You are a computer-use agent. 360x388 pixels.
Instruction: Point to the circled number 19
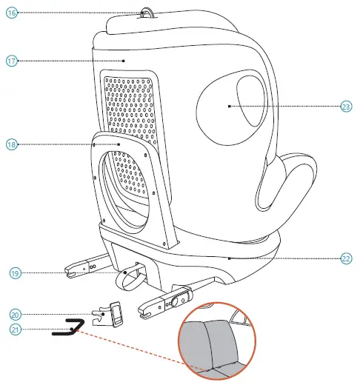click(x=14, y=273)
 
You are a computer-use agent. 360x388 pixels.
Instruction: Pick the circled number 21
click(x=15, y=329)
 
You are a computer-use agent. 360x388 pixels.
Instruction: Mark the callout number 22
click(x=346, y=258)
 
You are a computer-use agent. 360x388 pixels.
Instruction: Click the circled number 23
click(x=346, y=107)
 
